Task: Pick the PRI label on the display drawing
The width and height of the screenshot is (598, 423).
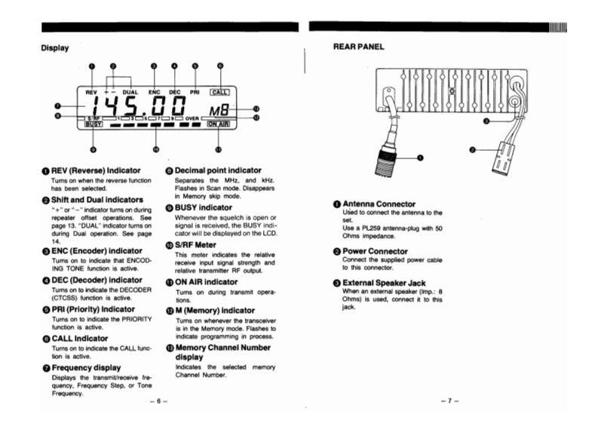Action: [195, 91]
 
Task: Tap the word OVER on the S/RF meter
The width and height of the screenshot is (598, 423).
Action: [192, 119]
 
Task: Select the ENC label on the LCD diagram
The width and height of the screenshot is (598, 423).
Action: [154, 91]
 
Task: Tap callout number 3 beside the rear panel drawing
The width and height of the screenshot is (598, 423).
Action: [487, 120]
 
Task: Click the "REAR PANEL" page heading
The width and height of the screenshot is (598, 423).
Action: [359, 47]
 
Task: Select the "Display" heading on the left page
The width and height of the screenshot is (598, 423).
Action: [55, 48]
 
